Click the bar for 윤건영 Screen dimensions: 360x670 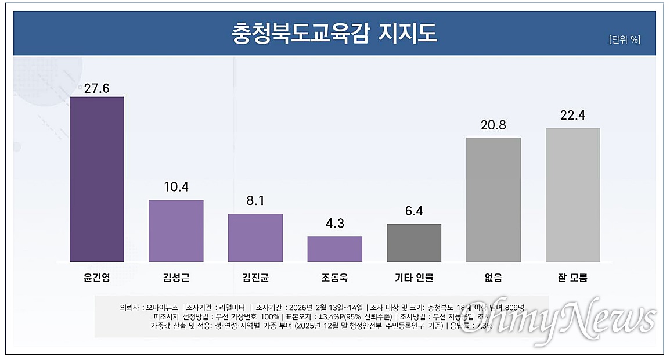click(x=96, y=179)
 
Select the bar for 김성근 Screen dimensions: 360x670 click(x=176, y=231)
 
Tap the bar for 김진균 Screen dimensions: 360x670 click(x=255, y=237)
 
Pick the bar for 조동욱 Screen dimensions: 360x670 click(x=334, y=249)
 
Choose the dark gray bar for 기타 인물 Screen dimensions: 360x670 click(x=414, y=243)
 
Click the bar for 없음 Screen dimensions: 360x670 click(x=494, y=199)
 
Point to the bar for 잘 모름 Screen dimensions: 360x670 click(x=572, y=195)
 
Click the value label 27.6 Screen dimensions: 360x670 click(x=96, y=88)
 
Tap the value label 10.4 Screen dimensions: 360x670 click(x=176, y=187)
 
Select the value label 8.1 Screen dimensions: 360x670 click(x=255, y=201)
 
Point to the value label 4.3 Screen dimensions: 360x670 click(x=334, y=224)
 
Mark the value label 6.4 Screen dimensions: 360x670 click(x=414, y=211)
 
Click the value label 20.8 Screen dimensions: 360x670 click(x=494, y=125)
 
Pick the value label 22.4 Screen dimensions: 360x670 click(x=572, y=116)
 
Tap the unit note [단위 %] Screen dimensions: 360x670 click(x=624, y=39)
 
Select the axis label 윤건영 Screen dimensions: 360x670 click(x=96, y=278)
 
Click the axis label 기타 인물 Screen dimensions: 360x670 click(x=414, y=278)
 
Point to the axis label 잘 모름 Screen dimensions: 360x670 click(x=572, y=278)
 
